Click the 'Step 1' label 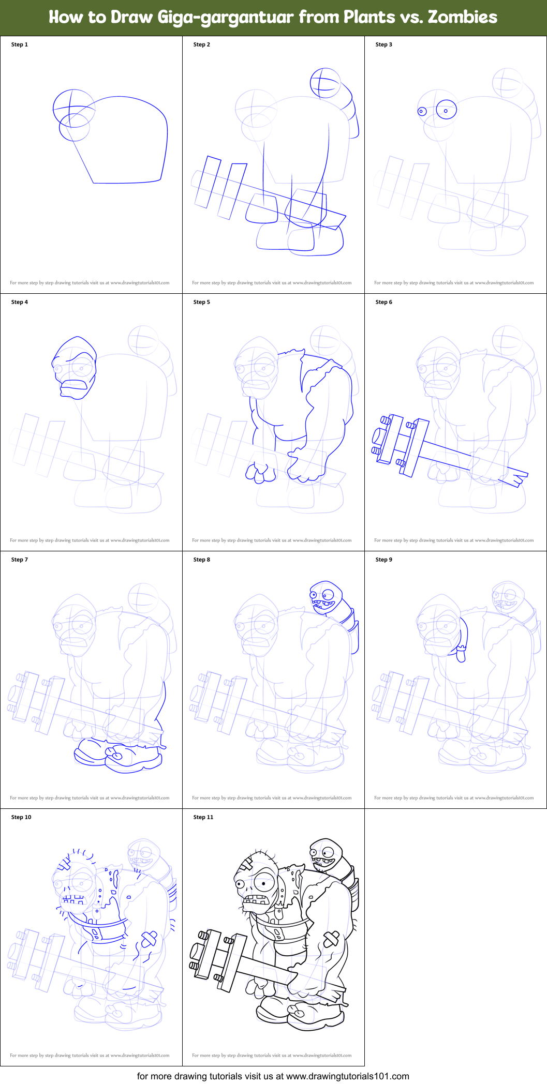click(x=20, y=44)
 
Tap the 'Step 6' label click(x=383, y=302)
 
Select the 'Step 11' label click(x=203, y=817)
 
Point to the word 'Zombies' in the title click(x=462, y=17)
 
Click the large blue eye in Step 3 click(x=446, y=110)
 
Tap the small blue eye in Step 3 click(x=422, y=111)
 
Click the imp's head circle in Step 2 click(x=325, y=83)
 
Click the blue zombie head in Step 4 click(x=75, y=368)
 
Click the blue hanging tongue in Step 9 click(x=461, y=656)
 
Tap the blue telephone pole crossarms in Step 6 click(x=401, y=445)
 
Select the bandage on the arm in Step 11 click(x=331, y=939)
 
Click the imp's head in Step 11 click(x=326, y=853)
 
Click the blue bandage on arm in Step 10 click(x=149, y=939)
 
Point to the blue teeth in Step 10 click(x=73, y=900)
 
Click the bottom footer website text click(x=273, y=1076)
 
